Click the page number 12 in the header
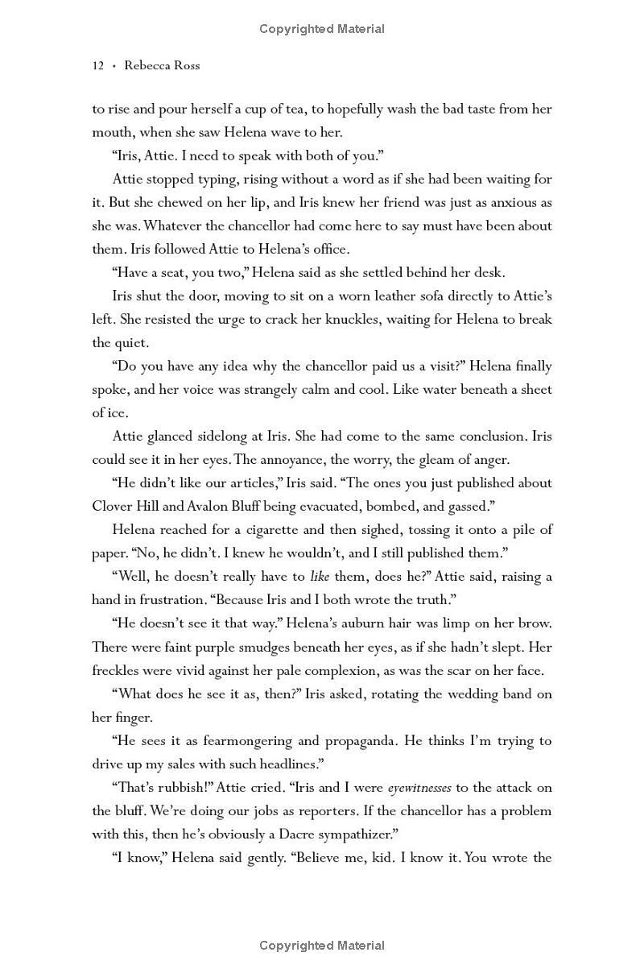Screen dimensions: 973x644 point(98,66)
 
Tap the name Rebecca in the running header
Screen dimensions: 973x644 point(147,66)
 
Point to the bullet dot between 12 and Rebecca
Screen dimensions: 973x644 point(114,66)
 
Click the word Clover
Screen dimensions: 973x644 point(112,507)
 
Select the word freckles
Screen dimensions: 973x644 point(116,670)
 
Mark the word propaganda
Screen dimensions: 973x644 point(360,741)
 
